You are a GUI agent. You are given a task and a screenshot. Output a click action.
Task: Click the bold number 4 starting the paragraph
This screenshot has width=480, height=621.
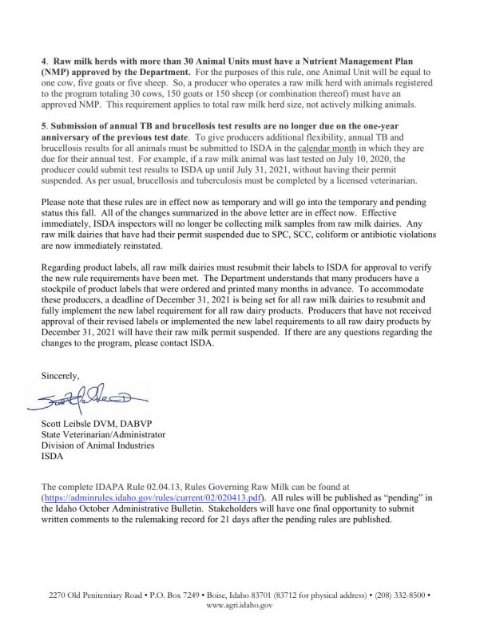tap(46, 61)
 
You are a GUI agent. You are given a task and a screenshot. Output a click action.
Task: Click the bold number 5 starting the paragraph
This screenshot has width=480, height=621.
tap(46, 126)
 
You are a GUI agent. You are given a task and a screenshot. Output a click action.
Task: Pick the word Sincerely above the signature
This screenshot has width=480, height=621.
tap(62, 374)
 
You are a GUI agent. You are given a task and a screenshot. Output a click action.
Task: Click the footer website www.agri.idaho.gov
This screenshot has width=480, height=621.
tap(240, 606)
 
